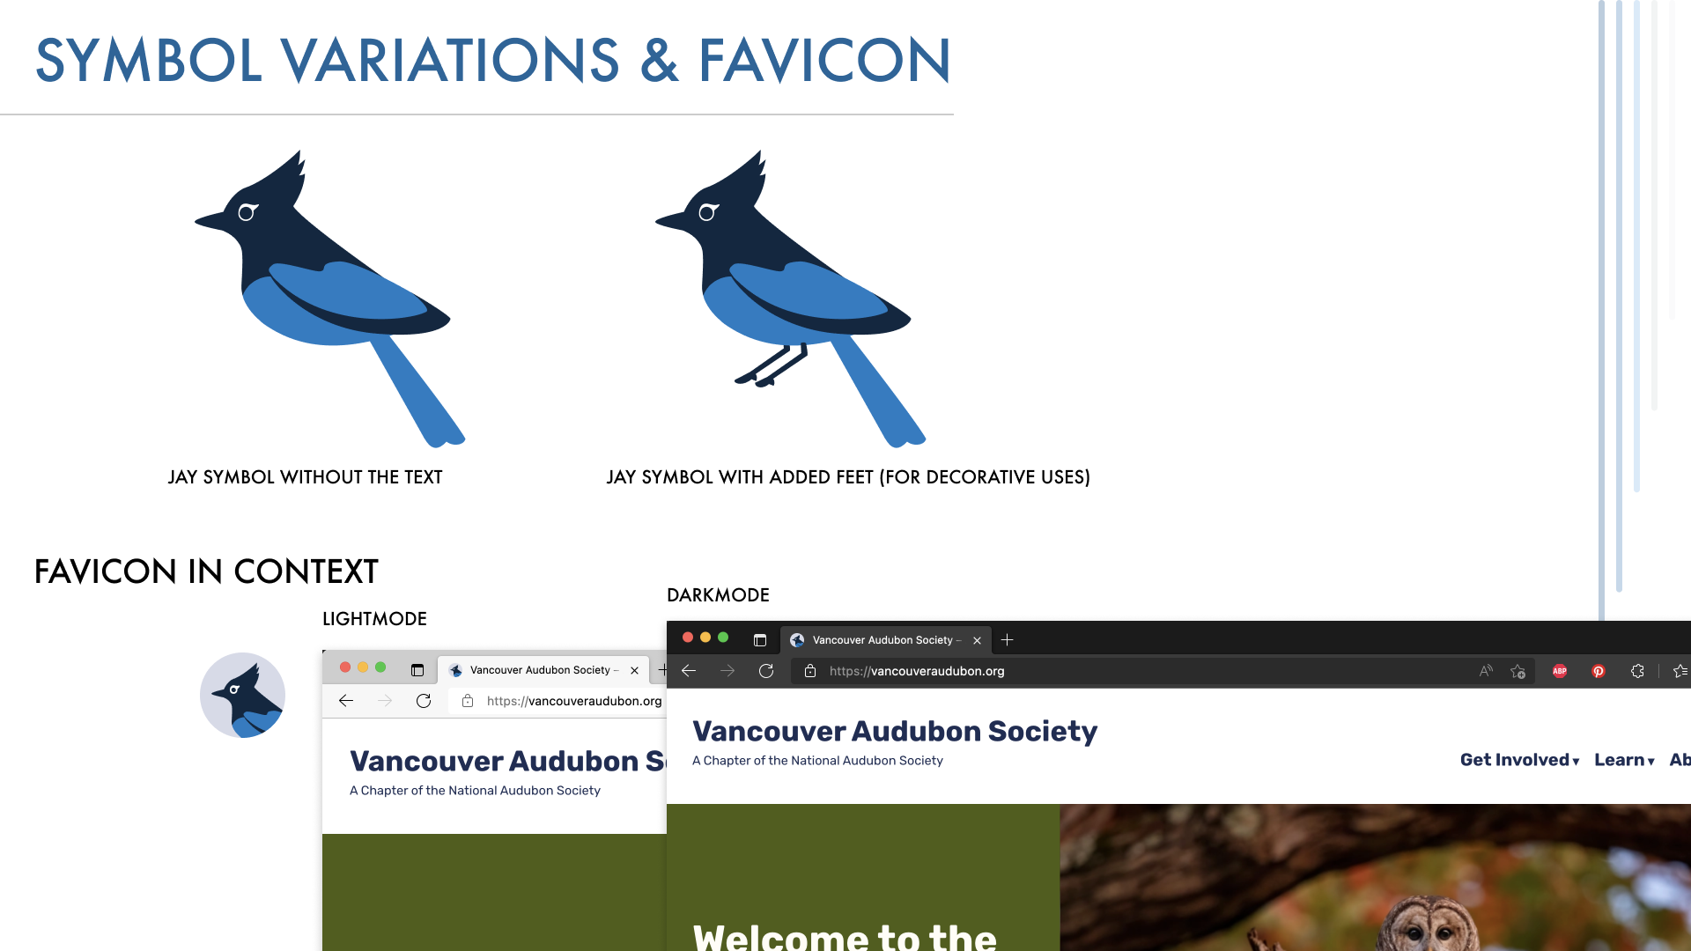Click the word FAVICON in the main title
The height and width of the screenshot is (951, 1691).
tap(824, 61)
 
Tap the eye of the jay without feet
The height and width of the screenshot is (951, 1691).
tap(247, 212)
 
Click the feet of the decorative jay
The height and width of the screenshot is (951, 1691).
tap(772, 365)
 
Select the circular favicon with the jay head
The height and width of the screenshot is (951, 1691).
tap(242, 695)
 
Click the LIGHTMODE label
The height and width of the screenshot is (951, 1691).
tap(374, 619)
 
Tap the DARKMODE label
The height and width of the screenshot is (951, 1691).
tap(718, 595)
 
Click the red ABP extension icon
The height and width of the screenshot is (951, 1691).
tap(1560, 671)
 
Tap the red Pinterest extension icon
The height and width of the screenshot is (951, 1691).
tap(1599, 671)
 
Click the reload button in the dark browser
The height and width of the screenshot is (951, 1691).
tap(766, 671)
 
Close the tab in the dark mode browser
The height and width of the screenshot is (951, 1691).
tap(977, 640)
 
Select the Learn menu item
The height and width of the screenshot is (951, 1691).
tap(1624, 760)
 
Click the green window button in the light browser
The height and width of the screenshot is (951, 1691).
tap(380, 667)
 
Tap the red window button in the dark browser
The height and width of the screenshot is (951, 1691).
tap(688, 638)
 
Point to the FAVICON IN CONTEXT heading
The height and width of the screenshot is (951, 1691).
tap(206, 571)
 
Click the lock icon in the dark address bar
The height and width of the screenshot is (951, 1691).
tap(810, 671)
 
